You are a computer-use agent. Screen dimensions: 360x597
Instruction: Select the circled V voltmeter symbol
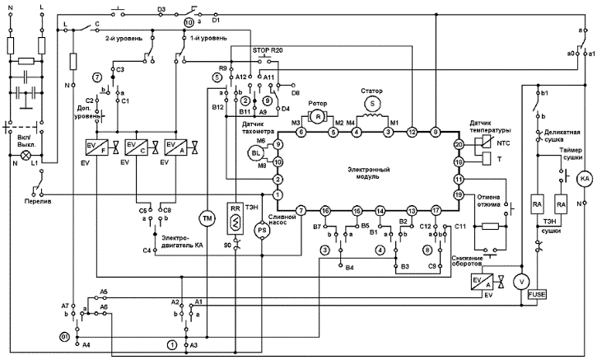tap(520, 281)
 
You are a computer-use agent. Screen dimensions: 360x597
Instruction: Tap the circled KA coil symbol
tap(585, 178)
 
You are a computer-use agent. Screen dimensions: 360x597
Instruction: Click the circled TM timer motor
tap(206, 217)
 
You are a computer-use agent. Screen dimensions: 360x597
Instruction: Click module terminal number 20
tap(459, 144)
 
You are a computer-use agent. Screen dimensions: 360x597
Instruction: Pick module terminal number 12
tap(412, 132)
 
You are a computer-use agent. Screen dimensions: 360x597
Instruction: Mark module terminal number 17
tap(436, 211)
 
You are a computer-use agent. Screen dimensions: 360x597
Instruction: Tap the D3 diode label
tap(161, 9)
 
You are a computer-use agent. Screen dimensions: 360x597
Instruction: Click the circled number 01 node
tap(63, 338)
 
